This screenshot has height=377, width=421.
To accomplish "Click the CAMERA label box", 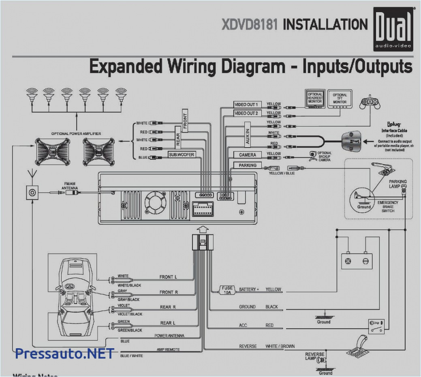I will point(248,155).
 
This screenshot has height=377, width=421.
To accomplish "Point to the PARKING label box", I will point(248,165).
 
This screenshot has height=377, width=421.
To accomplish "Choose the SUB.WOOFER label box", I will point(182,155).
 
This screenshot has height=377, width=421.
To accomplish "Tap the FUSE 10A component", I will point(227,290).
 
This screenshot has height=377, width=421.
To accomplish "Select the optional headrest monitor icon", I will point(315,99).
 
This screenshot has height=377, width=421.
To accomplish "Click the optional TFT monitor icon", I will point(340,99).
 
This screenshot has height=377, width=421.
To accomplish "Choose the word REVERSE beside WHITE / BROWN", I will point(248,346).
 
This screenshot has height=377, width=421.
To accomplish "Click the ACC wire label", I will point(243,325).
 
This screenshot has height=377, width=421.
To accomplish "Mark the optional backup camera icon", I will point(313,156).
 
